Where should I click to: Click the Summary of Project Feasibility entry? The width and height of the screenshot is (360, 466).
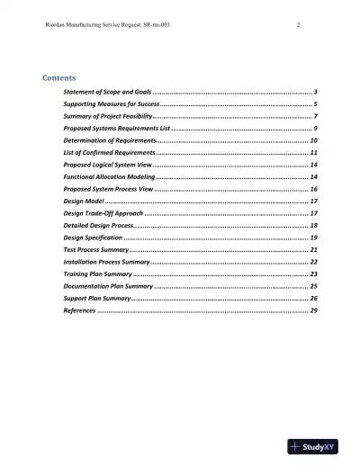[108, 117]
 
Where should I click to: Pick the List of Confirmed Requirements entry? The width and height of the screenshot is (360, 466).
[111, 154]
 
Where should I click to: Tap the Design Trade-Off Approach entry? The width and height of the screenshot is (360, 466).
[103, 213]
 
